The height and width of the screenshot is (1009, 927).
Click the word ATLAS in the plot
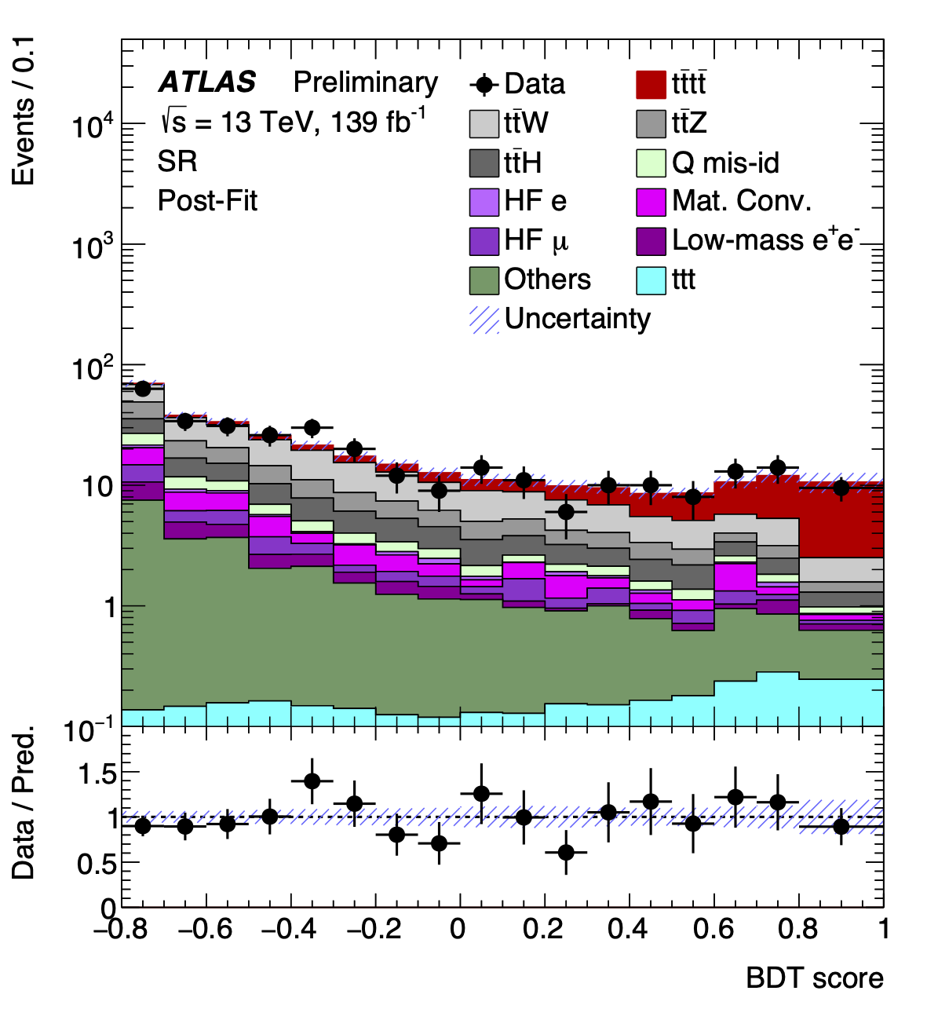click(207, 82)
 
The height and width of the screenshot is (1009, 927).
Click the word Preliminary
click(366, 82)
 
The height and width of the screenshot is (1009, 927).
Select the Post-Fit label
click(207, 201)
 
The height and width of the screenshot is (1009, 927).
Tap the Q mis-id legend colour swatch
click(651, 163)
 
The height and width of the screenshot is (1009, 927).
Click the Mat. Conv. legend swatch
click(651, 201)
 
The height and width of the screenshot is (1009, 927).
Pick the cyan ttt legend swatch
click(651, 280)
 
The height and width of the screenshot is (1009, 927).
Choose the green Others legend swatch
click(484, 280)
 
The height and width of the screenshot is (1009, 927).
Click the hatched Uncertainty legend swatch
click(484, 319)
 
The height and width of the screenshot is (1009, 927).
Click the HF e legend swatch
click(484, 201)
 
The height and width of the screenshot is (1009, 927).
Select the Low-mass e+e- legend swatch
click(651, 240)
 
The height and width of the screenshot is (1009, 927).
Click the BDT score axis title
click(814, 978)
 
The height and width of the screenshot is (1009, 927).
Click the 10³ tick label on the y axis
click(93, 247)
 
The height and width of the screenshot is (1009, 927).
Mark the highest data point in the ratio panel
click(312, 781)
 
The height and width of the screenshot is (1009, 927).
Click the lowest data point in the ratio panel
click(566, 852)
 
